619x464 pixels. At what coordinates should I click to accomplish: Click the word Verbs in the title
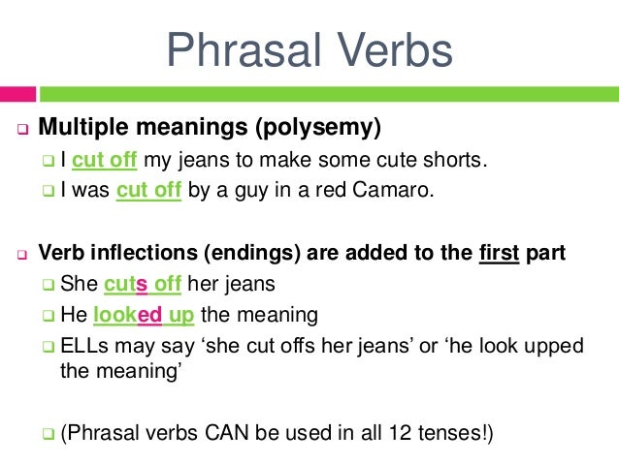pyautogui.click(x=393, y=49)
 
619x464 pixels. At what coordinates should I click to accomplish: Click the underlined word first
pyautogui.click(x=499, y=254)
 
